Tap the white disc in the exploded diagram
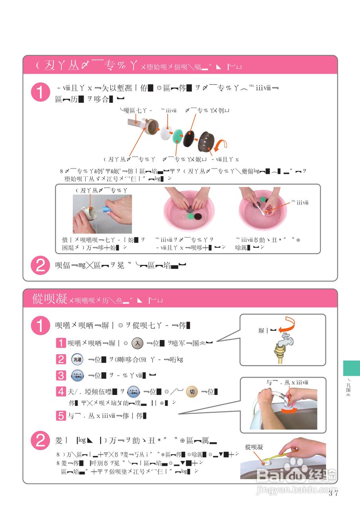pyautogui.click(x=166, y=132)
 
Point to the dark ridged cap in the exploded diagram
pyautogui.click(x=207, y=141)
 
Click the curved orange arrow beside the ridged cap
pyautogui.click(x=221, y=145)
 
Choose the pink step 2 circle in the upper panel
pyautogui.click(x=40, y=265)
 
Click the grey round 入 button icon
pyautogui.click(x=137, y=342)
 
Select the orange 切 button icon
pyautogui.click(x=192, y=392)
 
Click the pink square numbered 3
pyautogui.click(x=61, y=375)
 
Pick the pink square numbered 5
pyautogui.click(x=61, y=416)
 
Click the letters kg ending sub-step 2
pyautogui.click(x=180, y=359)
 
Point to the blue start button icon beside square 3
pyautogui.click(x=77, y=375)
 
